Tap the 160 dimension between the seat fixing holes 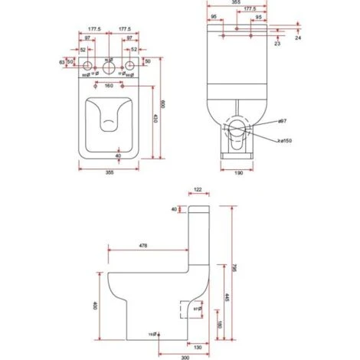[x=109, y=85]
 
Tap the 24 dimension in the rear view [x=296, y=36]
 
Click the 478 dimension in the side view [x=142, y=245]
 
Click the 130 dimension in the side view [x=197, y=347]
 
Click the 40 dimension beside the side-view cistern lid [x=175, y=209]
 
